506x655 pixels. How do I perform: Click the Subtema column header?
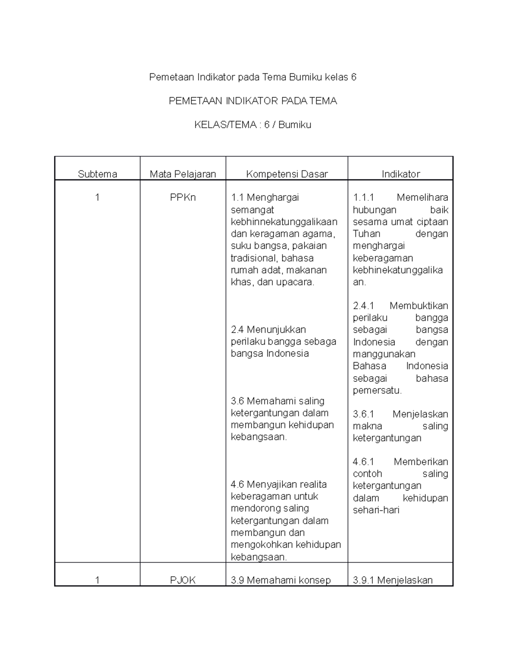[x=97, y=174]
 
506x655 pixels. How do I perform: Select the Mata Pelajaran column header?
[x=183, y=174]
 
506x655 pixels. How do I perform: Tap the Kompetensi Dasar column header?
[x=287, y=174]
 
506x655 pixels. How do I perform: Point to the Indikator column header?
[x=401, y=174]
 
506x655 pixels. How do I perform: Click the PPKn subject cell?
[x=183, y=197]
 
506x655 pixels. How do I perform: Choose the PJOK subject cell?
[x=183, y=580]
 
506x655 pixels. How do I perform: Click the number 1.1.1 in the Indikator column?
[x=363, y=197]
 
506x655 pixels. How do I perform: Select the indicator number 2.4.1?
[x=363, y=306]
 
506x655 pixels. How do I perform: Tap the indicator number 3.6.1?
[x=363, y=414]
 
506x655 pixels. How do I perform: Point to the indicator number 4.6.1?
[x=363, y=462]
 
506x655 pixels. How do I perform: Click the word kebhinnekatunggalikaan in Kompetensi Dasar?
[x=284, y=222]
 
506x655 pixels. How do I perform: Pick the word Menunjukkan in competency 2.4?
[x=276, y=329]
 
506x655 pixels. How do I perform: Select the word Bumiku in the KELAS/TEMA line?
[x=295, y=125]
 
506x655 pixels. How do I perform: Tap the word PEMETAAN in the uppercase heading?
[x=195, y=101]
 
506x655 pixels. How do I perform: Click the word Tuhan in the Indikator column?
[x=366, y=234]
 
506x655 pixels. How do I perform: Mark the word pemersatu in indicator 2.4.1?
[x=377, y=391]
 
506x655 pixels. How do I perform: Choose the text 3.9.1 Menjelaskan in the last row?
[x=393, y=580]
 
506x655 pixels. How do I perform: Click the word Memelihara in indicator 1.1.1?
[x=422, y=197]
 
